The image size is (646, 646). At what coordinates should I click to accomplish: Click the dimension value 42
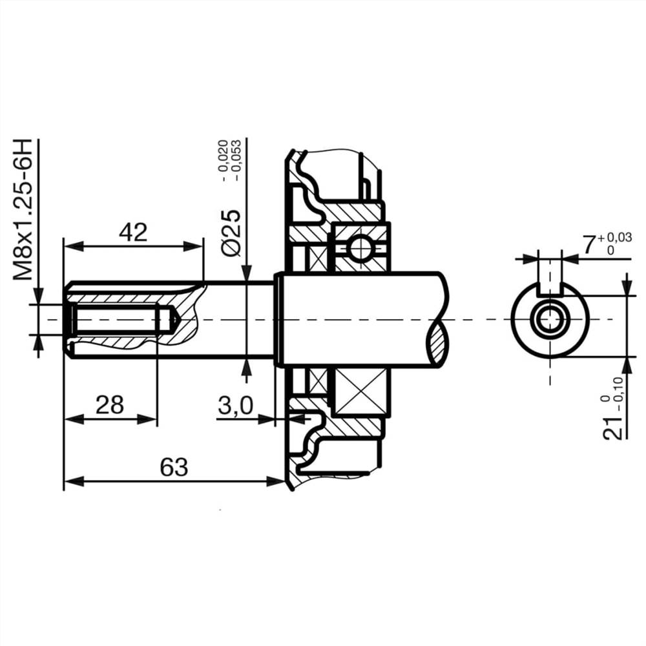pyautogui.click(x=133, y=232)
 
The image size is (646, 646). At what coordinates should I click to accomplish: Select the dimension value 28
pyautogui.click(x=110, y=405)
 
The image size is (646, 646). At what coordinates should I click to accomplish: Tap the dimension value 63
pyautogui.click(x=174, y=466)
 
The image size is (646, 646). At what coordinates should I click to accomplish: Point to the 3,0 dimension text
pyautogui.click(x=236, y=406)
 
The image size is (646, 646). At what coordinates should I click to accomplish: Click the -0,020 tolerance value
pyautogui.click(x=223, y=159)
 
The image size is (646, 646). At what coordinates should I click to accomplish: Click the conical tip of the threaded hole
pyautogui.click(x=173, y=320)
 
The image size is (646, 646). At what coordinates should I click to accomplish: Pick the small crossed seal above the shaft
pyautogui.click(x=317, y=258)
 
